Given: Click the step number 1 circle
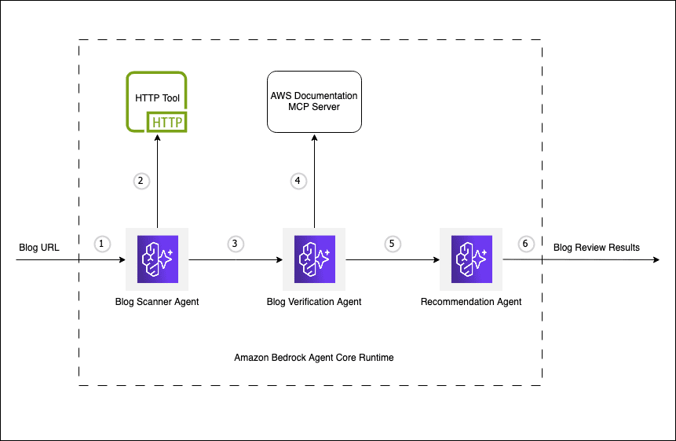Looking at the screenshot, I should click(x=101, y=243).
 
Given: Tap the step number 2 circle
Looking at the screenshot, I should click(x=141, y=180).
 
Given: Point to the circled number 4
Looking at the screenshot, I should click(x=297, y=180).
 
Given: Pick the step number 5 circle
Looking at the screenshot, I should click(x=392, y=243).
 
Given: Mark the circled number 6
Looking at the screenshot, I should click(x=525, y=243).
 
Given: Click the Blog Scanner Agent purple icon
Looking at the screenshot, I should click(x=157, y=259).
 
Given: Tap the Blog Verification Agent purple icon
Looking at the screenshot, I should click(x=314, y=259).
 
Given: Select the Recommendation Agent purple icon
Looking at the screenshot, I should click(x=471, y=259).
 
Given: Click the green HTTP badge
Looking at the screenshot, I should click(x=166, y=122).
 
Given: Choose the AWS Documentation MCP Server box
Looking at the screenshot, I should click(x=314, y=101).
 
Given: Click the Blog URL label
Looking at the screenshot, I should click(x=38, y=248).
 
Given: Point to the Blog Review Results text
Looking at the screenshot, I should click(x=597, y=248).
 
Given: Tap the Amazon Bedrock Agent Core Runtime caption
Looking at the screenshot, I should click(x=314, y=357).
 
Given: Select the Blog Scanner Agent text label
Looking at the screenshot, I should click(x=157, y=301).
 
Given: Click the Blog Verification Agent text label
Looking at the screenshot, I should click(x=314, y=301).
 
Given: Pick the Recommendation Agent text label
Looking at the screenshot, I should click(x=471, y=301).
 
